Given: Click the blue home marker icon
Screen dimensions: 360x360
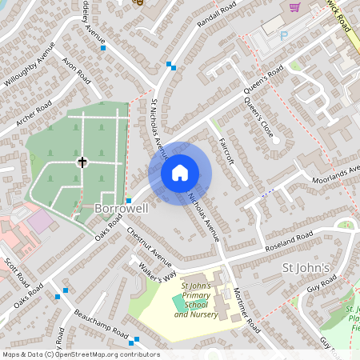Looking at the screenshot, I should tap(180, 173).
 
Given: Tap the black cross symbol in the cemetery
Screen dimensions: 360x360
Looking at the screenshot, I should tap(82, 162).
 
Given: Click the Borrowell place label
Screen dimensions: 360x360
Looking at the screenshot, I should tap(122, 208).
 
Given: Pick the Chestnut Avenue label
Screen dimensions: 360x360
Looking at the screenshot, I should tap(150, 248).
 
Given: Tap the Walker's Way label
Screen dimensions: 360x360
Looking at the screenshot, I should tap(157, 276).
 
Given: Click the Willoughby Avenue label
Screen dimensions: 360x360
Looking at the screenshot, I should tap(29, 66).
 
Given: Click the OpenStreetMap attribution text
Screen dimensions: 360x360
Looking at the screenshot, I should tap(80, 354).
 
